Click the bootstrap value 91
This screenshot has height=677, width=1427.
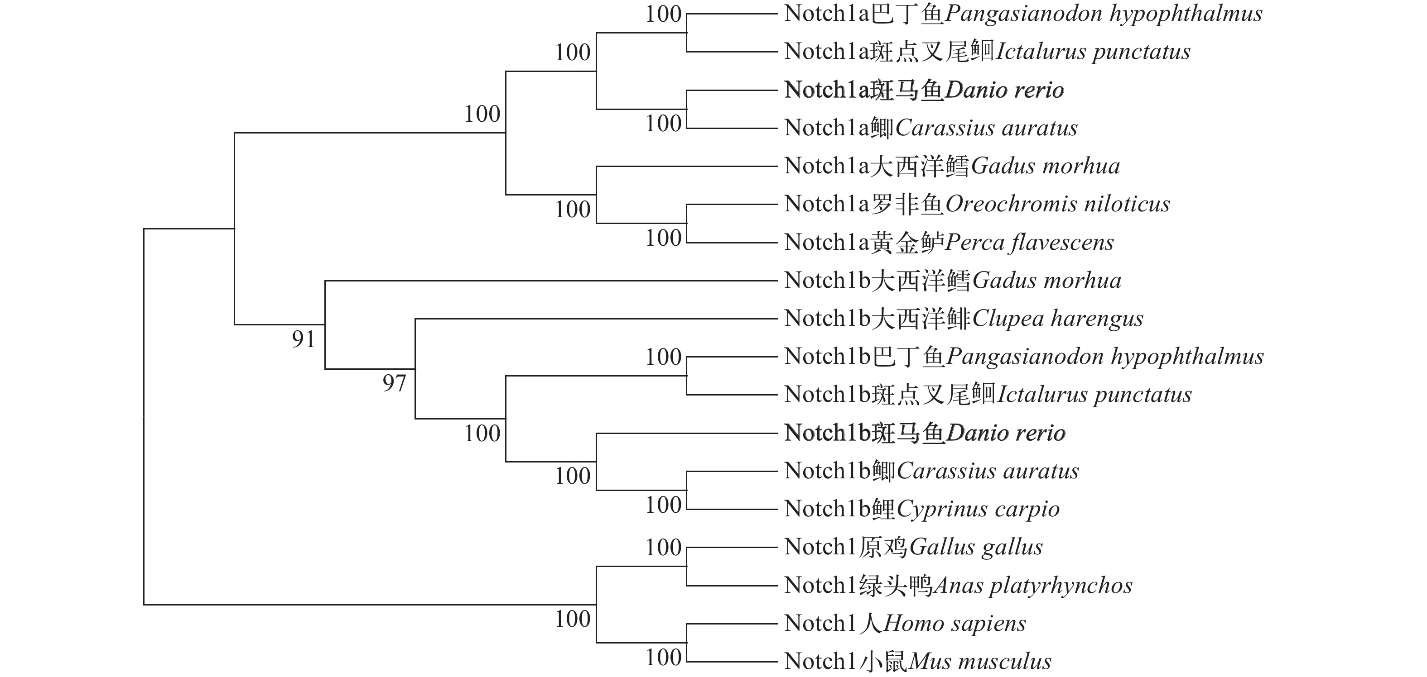pyautogui.click(x=304, y=339)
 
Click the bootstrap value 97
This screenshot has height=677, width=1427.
pyautogui.click(x=394, y=383)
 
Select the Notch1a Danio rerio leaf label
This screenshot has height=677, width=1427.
pyautogui.click(x=923, y=90)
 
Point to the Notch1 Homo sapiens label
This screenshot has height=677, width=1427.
pyautogui.click(x=905, y=623)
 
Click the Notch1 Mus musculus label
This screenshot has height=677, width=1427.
pyautogui.click(x=917, y=662)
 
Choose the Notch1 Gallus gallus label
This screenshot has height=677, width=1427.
pyautogui.click(x=913, y=547)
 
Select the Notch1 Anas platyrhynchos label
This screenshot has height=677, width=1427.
pyautogui.click(x=958, y=585)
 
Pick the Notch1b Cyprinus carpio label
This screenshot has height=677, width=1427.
pyautogui.click(x=921, y=509)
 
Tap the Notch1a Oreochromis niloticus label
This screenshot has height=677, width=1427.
pyautogui.click(x=977, y=204)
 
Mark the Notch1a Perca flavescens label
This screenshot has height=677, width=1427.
pyautogui.click(x=948, y=243)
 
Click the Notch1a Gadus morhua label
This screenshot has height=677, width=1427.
pyautogui.click(x=952, y=166)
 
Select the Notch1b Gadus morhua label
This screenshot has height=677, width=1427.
pyautogui.click(x=952, y=281)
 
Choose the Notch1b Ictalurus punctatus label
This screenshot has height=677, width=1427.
pyautogui.click(x=988, y=395)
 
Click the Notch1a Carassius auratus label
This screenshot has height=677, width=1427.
pyautogui.click(x=930, y=129)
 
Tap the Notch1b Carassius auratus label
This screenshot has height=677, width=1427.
pyautogui.click(x=931, y=471)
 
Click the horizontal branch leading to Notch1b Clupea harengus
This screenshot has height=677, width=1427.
pyautogui.click(x=596, y=319)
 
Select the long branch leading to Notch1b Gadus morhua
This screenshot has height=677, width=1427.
pyautogui.click(x=551, y=281)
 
